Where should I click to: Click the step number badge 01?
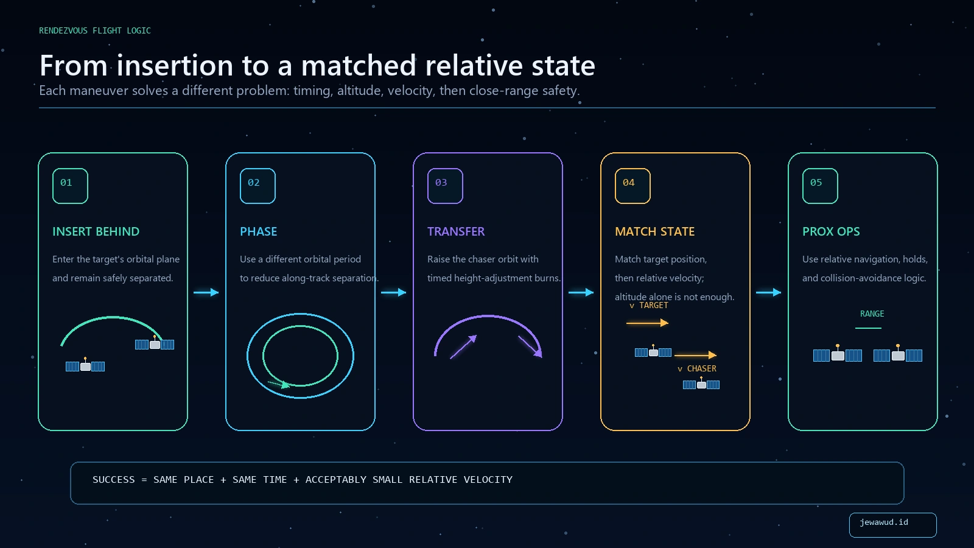pos(70,186)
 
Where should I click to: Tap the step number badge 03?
pos(445,186)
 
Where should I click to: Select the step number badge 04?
pos(632,186)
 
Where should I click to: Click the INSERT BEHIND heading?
pos(96,231)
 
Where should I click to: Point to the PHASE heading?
pos(258,231)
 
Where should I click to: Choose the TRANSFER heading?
pos(456,231)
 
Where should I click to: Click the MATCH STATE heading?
pos(654,231)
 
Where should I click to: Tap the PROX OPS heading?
pos(831,231)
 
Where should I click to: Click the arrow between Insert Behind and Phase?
pos(206,292)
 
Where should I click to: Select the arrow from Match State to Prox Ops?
pos(768,292)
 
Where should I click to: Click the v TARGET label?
pos(649,305)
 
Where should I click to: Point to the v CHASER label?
pos(697,368)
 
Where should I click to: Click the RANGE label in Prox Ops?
pos(872,314)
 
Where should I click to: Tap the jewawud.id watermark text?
pos(883,522)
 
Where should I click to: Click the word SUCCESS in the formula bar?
pos(113,479)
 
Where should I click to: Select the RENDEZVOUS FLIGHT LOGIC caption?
pos(95,30)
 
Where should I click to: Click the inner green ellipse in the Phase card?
pos(301,326)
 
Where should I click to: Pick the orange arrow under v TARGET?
pos(647,323)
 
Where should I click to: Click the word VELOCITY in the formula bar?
pos(488,479)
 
